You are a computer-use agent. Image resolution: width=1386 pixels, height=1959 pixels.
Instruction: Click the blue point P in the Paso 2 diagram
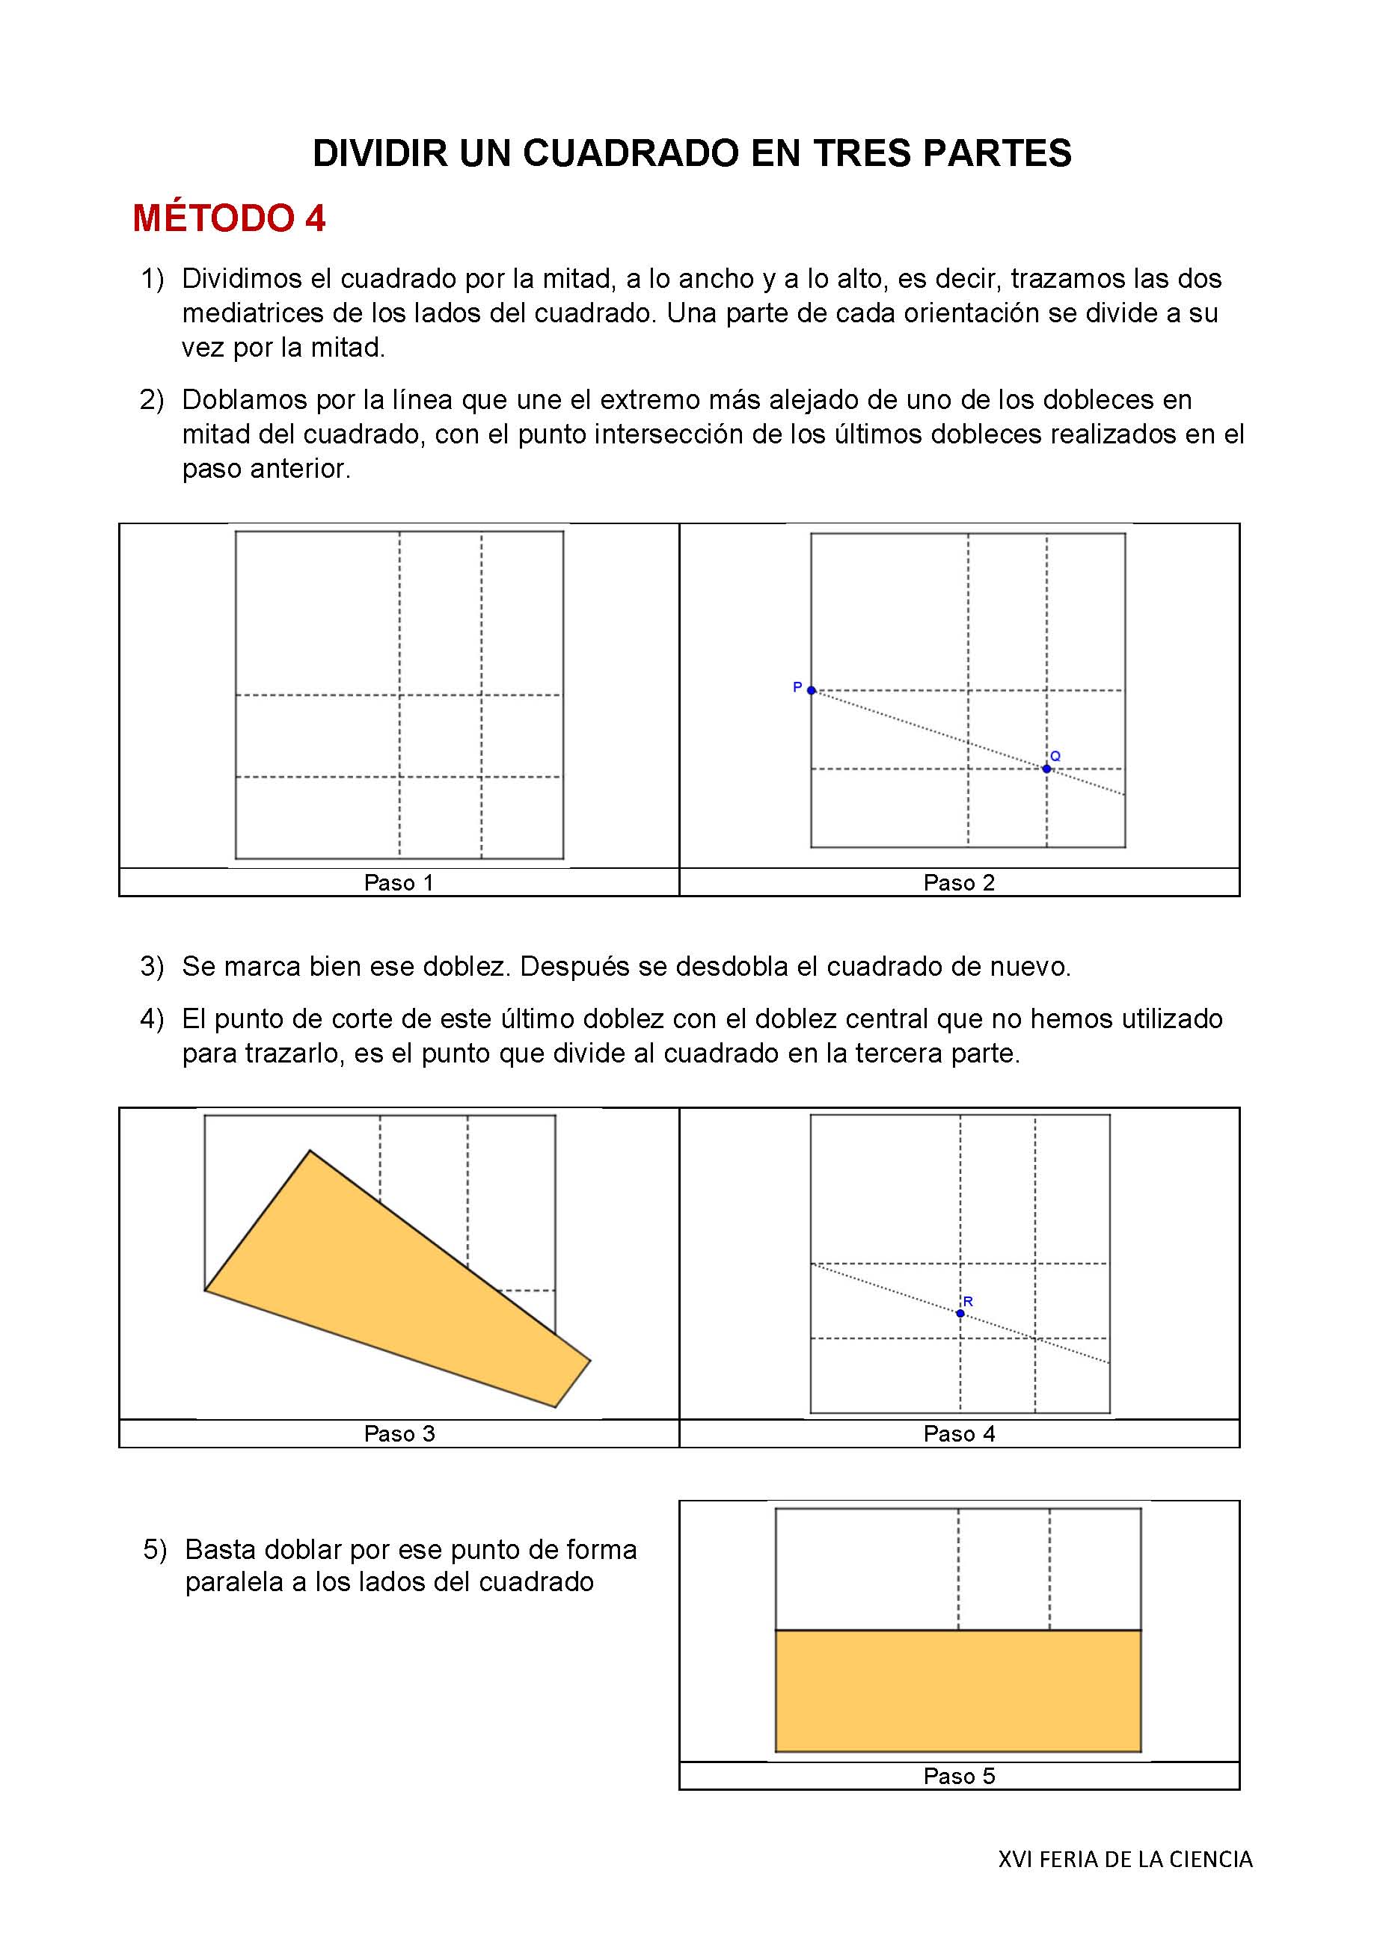coord(811,690)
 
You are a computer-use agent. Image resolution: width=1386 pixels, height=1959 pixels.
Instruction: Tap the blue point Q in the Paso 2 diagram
coord(1046,769)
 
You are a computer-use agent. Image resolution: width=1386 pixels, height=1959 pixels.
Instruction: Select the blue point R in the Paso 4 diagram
coord(960,1313)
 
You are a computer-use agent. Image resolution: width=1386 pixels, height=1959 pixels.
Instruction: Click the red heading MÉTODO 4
coord(229,218)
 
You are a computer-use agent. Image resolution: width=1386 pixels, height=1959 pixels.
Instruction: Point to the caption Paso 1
coord(399,882)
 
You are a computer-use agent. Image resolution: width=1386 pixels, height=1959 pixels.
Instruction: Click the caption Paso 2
coord(958,882)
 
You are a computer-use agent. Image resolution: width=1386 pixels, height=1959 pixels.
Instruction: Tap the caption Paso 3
coord(399,1433)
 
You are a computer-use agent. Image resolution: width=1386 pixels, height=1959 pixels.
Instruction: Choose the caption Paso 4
coord(958,1433)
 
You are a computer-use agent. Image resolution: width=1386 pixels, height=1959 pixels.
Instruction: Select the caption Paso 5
coord(958,1776)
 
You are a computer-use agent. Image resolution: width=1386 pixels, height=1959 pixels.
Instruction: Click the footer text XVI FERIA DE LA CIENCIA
coord(1125,1859)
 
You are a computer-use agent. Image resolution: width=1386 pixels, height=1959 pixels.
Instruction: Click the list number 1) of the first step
coord(152,279)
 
